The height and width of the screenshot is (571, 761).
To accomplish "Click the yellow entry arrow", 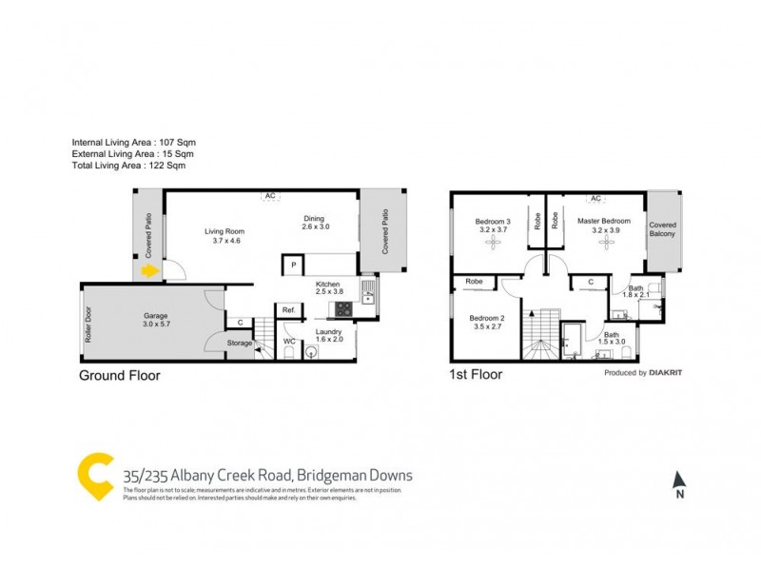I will (149, 272).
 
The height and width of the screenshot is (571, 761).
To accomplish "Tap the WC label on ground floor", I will (289, 340).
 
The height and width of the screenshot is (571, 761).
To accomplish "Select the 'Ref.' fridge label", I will (288, 310).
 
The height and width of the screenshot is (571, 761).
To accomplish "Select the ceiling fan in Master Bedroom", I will (606, 244).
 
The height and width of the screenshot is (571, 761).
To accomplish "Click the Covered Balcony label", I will (663, 230).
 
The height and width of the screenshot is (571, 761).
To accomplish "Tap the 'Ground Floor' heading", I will (119, 375).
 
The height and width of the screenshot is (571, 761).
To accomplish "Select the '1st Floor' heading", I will (475, 375).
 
